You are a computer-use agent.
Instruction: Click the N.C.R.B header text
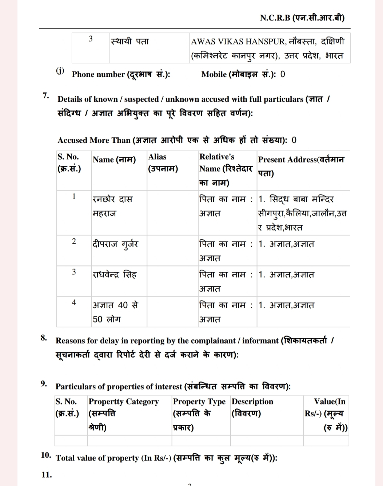[x=302, y=17]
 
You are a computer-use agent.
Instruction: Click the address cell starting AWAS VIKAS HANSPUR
[x=267, y=48]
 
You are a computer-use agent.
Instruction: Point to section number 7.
[x=46, y=96]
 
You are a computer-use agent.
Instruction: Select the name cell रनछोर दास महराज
[x=112, y=206]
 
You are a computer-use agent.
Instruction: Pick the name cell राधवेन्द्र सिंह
[x=114, y=274]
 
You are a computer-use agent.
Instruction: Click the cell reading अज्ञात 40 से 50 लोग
[x=115, y=312]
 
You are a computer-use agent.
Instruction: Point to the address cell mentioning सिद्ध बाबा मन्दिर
[x=302, y=213]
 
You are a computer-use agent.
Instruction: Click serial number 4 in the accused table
[x=74, y=302]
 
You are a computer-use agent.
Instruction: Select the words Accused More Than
[x=94, y=140]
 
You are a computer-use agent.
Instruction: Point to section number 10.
[x=46, y=455]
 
